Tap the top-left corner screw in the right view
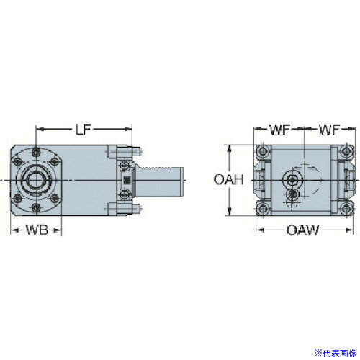click(x=264, y=152)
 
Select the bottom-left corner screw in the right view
click(x=264, y=208)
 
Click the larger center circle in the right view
click(x=293, y=179)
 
